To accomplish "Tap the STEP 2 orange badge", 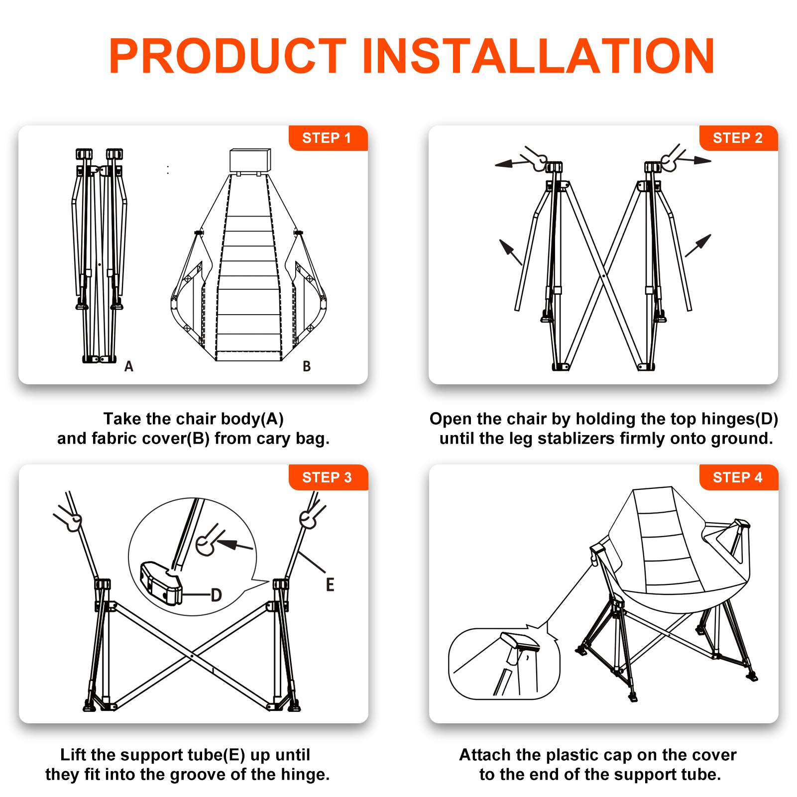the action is (738, 138).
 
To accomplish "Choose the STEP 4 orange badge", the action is (738, 477).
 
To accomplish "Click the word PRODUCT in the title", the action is (228, 56).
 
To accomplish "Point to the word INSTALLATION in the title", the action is (539, 56).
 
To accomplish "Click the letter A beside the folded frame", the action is (129, 366).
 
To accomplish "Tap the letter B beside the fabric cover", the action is (307, 366).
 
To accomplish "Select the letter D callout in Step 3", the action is (216, 595).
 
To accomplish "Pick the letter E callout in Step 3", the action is (330, 584).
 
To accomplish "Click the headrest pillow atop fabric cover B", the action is (250, 160).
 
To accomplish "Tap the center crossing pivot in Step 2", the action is (604, 275).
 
